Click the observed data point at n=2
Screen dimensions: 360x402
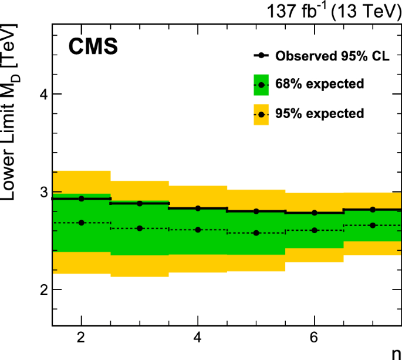(x=81, y=198)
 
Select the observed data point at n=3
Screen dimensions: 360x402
(x=140, y=203)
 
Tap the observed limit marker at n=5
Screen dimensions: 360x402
(x=256, y=211)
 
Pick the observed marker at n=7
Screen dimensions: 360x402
(x=373, y=209)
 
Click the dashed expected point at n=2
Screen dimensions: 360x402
(x=81, y=223)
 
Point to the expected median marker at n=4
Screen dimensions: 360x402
(x=198, y=230)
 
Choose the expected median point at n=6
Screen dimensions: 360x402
(x=315, y=230)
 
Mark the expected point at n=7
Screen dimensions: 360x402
(x=373, y=225)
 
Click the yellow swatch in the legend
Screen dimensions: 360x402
(x=261, y=113)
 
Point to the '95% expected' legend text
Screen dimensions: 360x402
(x=319, y=113)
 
